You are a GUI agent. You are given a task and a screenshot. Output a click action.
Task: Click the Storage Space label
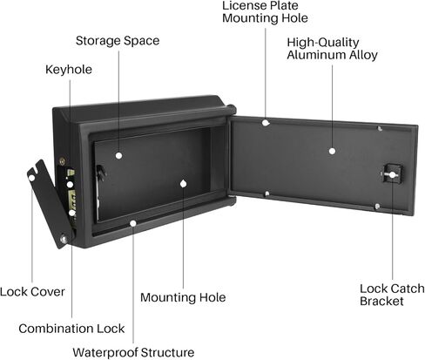[x=118, y=41]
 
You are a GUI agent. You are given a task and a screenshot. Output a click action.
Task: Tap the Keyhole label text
[x=69, y=70]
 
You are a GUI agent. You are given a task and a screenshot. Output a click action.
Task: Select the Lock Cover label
[x=32, y=292]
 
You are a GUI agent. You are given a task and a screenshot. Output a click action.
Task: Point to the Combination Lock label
[x=71, y=329]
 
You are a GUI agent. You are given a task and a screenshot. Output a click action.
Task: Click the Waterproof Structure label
[x=133, y=352]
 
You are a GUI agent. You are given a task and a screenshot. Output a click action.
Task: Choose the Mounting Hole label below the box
[x=183, y=297]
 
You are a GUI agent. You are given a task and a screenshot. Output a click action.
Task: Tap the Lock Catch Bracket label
[x=392, y=295]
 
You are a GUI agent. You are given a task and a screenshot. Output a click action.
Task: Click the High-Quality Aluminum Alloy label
[x=332, y=49]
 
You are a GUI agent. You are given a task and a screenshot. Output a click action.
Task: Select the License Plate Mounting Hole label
[x=265, y=12]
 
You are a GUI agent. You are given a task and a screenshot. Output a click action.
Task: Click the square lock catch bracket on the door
[x=392, y=173]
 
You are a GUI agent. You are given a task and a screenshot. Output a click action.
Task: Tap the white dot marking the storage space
[x=118, y=156]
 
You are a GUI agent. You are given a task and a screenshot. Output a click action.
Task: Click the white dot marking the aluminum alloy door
[x=333, y=151]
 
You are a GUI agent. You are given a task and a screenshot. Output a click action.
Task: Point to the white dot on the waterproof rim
[x=133, y=223]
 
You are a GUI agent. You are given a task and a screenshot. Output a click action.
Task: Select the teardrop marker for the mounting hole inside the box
[x=183, y=184]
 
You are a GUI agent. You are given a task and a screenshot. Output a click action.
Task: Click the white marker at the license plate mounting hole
[x=266, y=123]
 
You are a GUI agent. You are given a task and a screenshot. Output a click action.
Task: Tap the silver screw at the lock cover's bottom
[x=64, y=240]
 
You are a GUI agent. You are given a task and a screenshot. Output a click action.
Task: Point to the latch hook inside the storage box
[x=101, y=173]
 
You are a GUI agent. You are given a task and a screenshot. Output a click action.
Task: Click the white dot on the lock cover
[x=31, y=178]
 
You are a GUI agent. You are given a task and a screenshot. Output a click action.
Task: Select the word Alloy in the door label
[x=363, y=55]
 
